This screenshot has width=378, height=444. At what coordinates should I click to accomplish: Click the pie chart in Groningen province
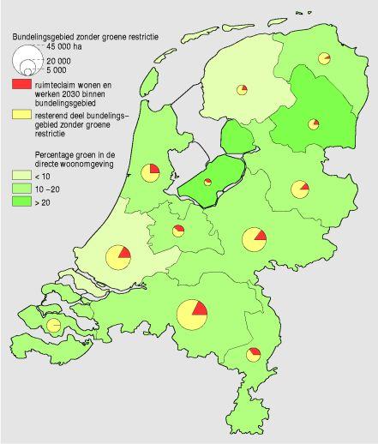pos(324,58)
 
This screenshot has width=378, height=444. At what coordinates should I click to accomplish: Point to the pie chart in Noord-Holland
pos(149,170)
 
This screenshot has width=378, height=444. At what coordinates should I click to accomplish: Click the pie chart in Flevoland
pos(207,182)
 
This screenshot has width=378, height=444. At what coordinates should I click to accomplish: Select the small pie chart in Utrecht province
pos(178,231)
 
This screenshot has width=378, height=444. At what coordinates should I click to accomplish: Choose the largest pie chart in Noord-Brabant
pos(192,315)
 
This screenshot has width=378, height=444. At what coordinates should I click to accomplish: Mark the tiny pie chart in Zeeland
pos(53,326)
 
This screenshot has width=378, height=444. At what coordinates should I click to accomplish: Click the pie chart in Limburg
pos(254,354)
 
